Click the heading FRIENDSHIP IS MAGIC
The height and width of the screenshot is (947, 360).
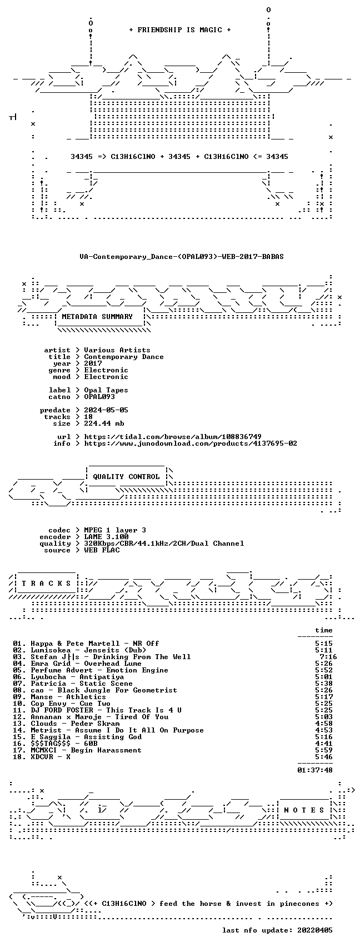[179, 30]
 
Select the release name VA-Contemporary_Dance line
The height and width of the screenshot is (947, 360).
[181, 257]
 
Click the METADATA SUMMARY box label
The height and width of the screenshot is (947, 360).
[97, 317]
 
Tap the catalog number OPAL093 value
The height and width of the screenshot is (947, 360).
[99, 397]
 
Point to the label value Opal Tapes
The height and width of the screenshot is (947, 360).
[106, 390]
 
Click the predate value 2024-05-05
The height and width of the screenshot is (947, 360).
[106, 410]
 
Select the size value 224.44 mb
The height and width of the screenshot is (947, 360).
[104, 423]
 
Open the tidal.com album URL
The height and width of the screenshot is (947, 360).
[172, 437]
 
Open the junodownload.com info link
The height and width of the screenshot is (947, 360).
[190, 443]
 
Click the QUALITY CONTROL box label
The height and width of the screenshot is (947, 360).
[126, 477]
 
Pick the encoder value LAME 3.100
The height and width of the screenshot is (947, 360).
[106, 537]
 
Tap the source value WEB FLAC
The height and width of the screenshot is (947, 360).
[102, 550]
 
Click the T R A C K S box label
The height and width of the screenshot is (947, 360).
[47, 584]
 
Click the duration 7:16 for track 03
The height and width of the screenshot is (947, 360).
[328, 657]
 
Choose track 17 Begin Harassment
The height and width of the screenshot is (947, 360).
[106, 750]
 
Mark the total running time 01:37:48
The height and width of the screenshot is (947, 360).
[315, 770]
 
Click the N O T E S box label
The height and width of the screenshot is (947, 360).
[304, 810]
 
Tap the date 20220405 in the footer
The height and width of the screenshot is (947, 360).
[315, 930]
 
